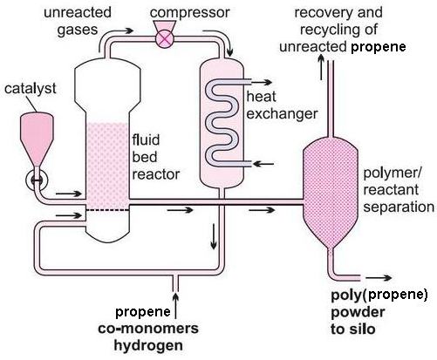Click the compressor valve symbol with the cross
(165, 38)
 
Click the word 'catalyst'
(31, 88)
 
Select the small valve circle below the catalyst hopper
(37, 180)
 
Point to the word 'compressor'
(189, 13)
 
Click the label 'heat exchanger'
(282, 105)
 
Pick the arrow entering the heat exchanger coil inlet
(263, 164)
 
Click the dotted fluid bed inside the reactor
(107, 166)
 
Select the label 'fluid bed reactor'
(156, 157)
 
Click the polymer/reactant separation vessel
(331, 193)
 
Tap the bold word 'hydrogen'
(148, 346)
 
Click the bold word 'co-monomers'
(148, 329)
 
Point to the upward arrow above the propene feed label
(175, 306)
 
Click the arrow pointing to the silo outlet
(379, 278)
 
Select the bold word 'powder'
(358, 312)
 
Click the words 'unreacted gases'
(78, 21)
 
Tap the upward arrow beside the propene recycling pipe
(321, 66)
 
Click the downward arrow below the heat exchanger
(214, 236)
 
